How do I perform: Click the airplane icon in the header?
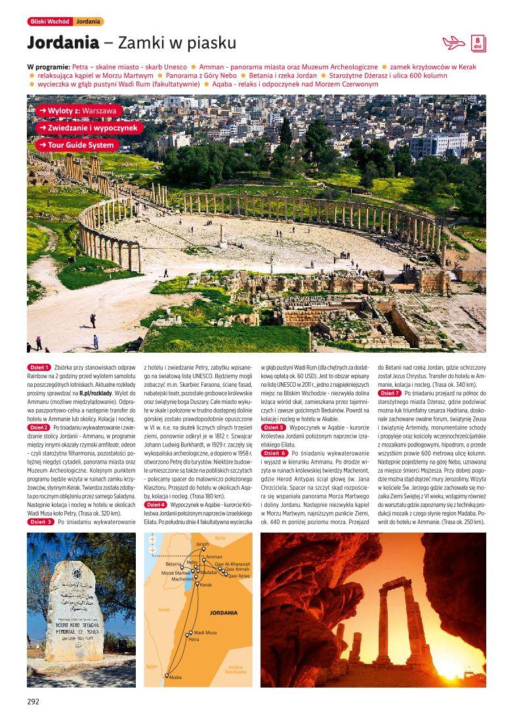453,43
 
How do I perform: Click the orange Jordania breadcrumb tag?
88,22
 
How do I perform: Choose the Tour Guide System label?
77,144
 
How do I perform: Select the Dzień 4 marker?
156,504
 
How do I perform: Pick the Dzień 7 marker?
390,392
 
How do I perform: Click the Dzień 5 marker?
273,427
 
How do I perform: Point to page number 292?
33,701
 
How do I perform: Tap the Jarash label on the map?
202,544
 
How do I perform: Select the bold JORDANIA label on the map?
223,612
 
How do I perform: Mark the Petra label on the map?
194,639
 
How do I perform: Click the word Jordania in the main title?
62,43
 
